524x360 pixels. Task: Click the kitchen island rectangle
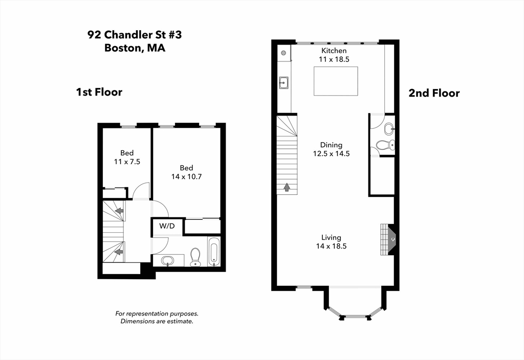[335, 81]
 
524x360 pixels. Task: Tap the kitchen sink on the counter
[283, 82]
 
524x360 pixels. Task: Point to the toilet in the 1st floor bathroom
[195, 257]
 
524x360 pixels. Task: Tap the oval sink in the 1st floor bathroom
[168, 261]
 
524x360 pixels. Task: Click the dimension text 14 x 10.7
[186, 176]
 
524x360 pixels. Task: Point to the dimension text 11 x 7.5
[127, 162]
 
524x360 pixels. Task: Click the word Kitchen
[334, 51]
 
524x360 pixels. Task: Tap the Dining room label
[331, 145]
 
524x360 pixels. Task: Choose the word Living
[331, 237]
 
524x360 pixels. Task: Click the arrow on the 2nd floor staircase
[287, 187]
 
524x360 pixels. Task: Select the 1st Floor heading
[99, 92]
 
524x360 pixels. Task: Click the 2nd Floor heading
[433, 93]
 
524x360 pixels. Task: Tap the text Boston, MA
[135, 49]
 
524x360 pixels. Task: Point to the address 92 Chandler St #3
[135, 35]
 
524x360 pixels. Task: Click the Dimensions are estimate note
[157, 321]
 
